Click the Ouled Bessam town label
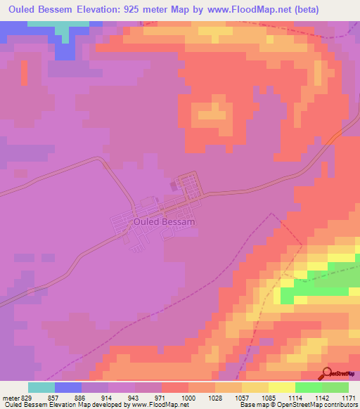tap(164, 221)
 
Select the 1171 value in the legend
tap(349, 397)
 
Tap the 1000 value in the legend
tap(188, 397)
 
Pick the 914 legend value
tap(108, 397)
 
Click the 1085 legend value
tap(269, 397)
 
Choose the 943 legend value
tap(135, 397)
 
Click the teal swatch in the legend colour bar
tap(41, 387)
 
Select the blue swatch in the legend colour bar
tap(68, 387)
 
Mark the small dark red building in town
tap(173, 186)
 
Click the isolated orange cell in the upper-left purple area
tap(23, 72)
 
